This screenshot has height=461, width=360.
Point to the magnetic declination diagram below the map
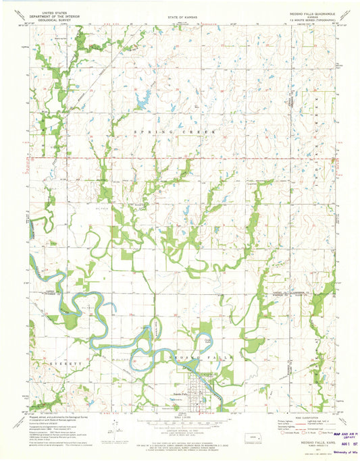[x=115, y=429]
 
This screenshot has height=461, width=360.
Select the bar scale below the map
[x=180, y=425]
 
